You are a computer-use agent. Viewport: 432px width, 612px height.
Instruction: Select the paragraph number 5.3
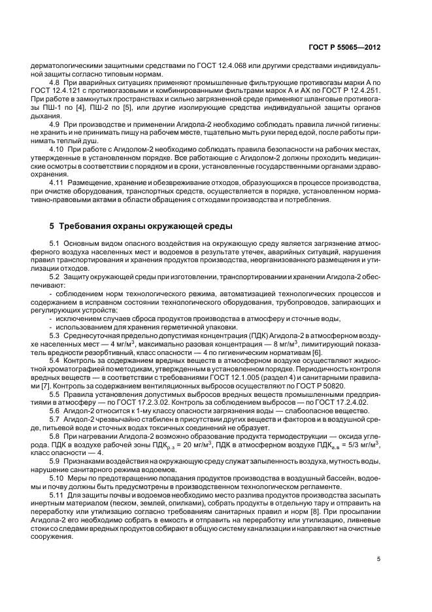[55, 334]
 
